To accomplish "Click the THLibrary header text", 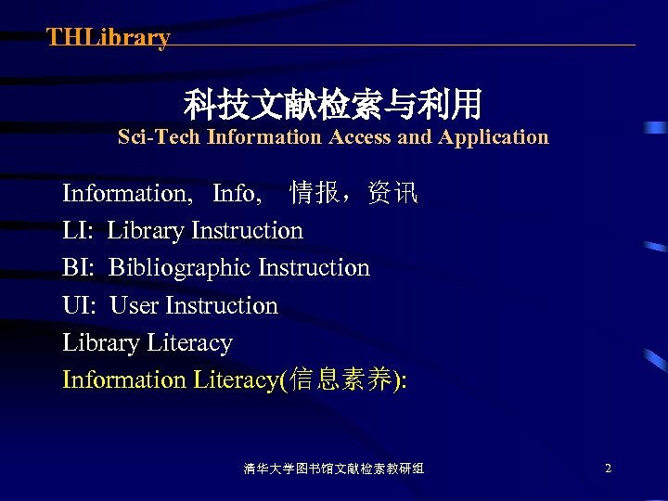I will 109,38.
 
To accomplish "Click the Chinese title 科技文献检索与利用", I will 333,104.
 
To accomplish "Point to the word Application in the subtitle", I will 494,137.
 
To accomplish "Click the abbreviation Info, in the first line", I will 237,193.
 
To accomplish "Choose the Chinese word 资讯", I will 392,193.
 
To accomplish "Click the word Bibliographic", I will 180,268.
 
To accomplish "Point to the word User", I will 135,305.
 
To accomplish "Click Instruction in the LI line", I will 247,230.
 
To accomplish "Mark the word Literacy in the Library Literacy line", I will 189,342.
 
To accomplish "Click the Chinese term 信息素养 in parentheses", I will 340,379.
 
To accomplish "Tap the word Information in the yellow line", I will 124,379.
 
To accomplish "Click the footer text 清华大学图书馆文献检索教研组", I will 334,469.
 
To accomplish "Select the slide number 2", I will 608,469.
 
